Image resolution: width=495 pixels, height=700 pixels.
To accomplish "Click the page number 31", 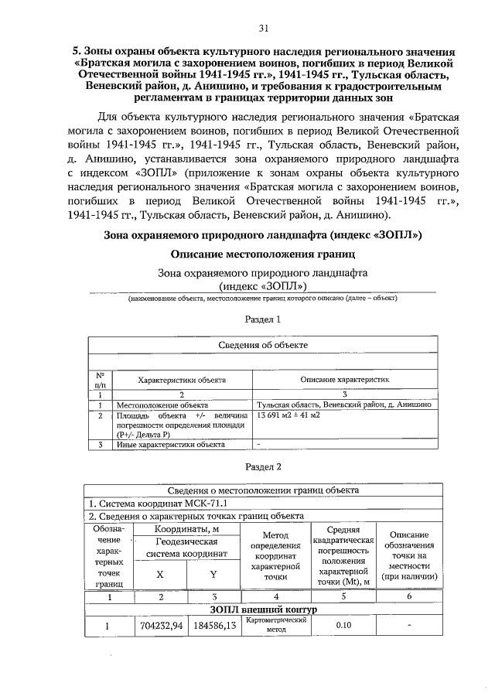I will tap(263, 29).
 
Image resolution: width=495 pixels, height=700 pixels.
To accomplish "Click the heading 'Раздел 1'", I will tap(262, 319).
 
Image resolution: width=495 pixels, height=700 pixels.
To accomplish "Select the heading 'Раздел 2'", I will tap(262, 466).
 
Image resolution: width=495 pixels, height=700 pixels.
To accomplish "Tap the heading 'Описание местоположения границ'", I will tap(262, 253).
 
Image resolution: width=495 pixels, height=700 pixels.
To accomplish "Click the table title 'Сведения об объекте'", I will tap(262, 345).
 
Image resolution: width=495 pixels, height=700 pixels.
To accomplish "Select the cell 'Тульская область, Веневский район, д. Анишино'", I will tap(344, 405).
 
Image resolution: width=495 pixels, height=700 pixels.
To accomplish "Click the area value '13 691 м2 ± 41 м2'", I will tap(294, 415).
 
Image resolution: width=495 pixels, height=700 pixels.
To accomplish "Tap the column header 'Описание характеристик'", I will tap(344, 381).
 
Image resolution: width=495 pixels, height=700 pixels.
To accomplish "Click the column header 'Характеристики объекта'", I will tap(181, 381).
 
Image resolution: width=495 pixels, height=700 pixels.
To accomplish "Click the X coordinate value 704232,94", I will tap(160, 626).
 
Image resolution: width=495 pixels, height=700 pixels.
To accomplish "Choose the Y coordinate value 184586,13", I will tap(213, 626).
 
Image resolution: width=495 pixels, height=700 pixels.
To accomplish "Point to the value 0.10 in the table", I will tap(345, 626).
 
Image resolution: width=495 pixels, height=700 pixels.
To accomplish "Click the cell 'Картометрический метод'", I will tap(276, 625).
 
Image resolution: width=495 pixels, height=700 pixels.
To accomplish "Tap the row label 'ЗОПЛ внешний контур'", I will tap(265, 610).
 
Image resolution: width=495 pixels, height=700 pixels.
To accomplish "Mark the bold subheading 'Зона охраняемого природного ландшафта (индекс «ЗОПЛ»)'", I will tap(262, 234).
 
